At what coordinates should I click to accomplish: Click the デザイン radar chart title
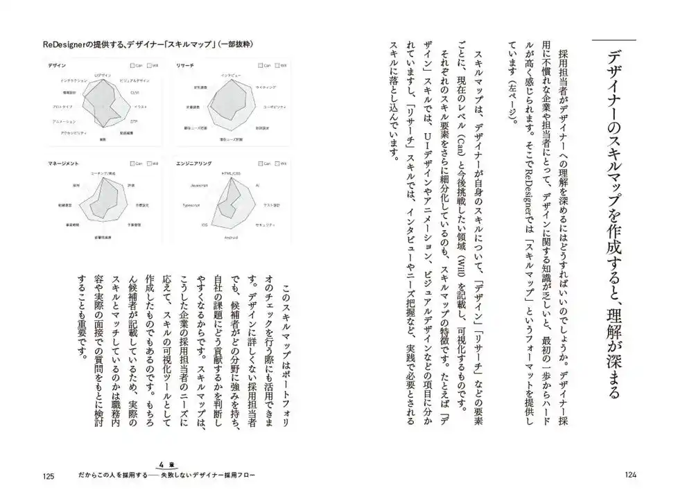point(58,65)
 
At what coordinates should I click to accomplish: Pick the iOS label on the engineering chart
point(205,225)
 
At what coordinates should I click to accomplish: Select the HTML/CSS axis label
point(231,173)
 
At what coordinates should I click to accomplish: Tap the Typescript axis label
point(191,206)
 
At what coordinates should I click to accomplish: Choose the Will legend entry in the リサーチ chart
point(280,65)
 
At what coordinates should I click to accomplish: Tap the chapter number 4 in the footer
point(161,465)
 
